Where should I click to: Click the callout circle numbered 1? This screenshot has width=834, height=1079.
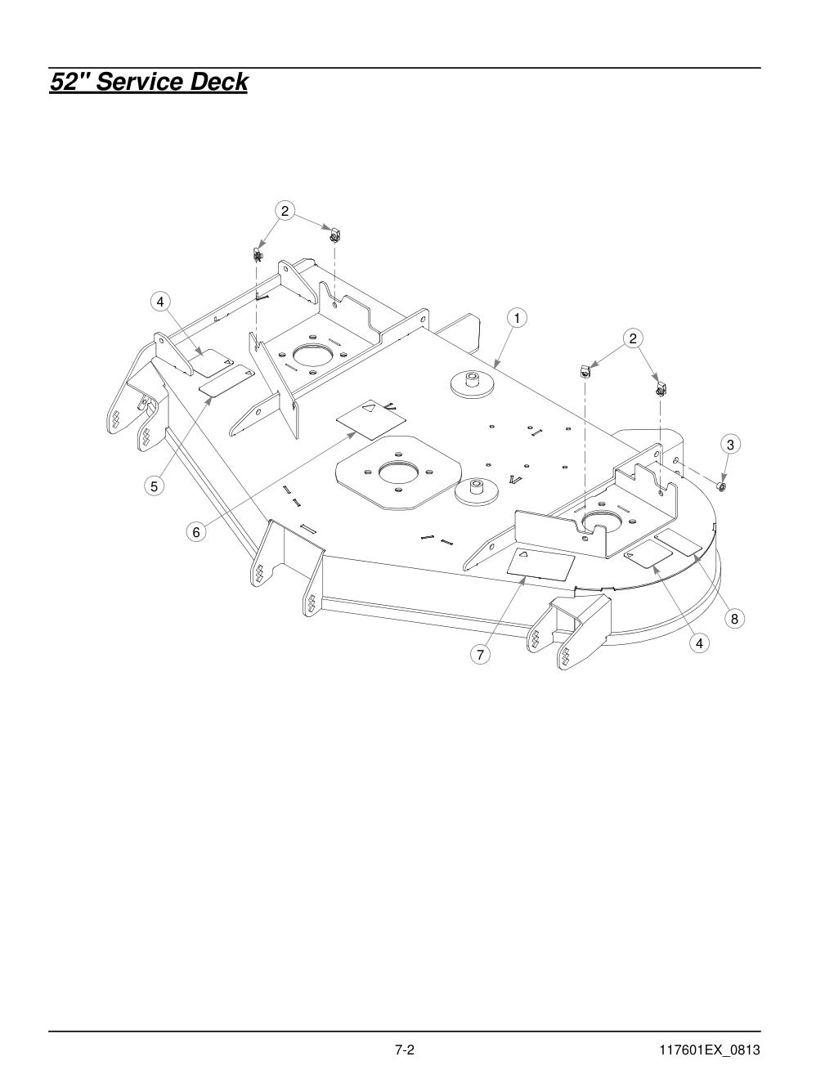[x=517, y=318]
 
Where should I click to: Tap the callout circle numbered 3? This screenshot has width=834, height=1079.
[x=730, y=444]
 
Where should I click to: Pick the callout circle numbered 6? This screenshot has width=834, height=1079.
[x=196, y=532]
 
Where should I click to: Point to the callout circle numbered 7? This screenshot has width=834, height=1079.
[x=480, y=655]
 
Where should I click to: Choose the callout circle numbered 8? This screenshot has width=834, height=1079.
[x=734, y=619]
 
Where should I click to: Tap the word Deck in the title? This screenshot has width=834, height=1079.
[x=219, y=82]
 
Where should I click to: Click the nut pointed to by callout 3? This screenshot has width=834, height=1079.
[x=723, y=485]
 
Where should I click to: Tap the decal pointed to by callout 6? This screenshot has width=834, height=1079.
[x=371, y=419]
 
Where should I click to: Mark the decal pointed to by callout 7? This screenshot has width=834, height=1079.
[x=540, y=563]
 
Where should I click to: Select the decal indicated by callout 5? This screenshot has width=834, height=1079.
[x=226, y=381]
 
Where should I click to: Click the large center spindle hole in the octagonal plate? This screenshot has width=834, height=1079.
[x=398, y=472]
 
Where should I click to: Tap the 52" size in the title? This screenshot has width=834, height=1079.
[x=70, y=82]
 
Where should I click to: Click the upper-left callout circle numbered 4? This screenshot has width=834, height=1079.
[x=160, y=302]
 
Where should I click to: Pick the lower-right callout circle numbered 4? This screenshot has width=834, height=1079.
[x=699, y=643]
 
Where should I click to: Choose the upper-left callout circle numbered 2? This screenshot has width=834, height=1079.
[x=284, y=211]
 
